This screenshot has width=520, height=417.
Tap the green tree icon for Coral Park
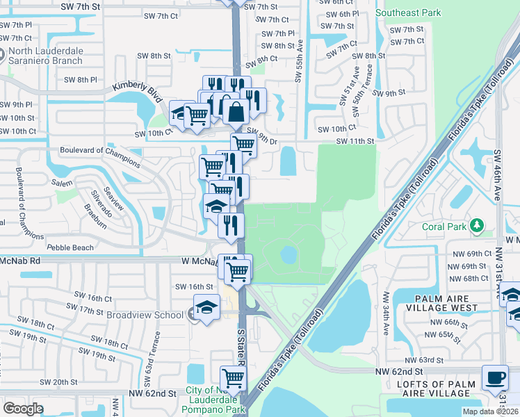click(476, 225)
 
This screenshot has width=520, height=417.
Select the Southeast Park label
click(407, 13)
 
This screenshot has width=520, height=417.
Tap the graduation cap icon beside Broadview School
click(206, 306)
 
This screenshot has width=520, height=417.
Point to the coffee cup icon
click(495, 377)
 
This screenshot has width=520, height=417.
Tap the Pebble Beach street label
click(70, 247)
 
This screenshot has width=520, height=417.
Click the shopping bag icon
click(236, 111)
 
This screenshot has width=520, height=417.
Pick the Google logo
click(23, 409)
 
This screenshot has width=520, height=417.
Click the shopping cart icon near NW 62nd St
click(234, 378)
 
